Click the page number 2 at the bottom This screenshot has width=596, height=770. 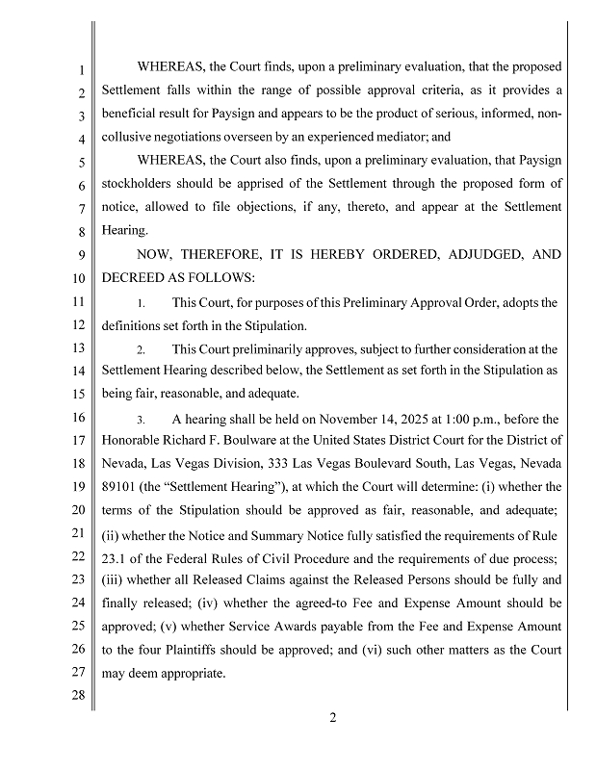point(332,716)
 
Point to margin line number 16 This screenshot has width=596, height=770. point(81,419)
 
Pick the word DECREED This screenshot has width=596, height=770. point(132,278)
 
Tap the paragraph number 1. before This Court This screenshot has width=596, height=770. point(141,303)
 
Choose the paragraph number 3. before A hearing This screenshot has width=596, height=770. point(141,421)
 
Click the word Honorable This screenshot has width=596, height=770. point(133,441)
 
